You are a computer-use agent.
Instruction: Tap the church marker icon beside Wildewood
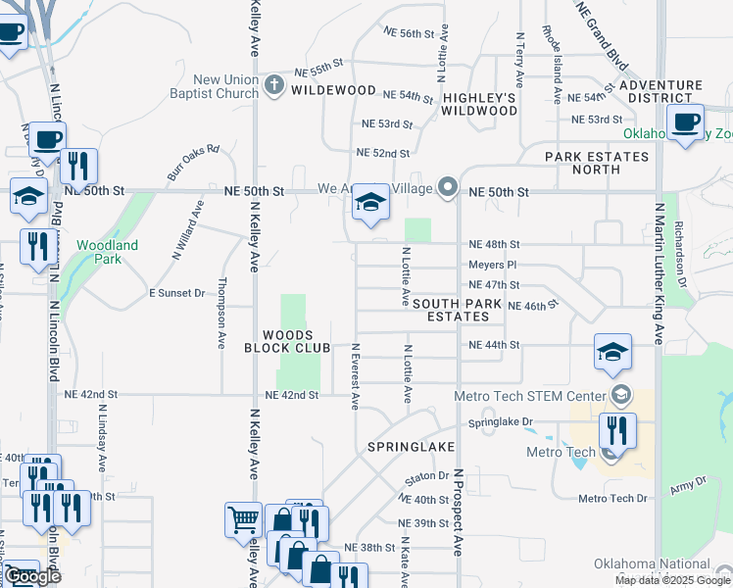tap(275, 86)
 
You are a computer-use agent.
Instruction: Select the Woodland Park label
tap(108, 252)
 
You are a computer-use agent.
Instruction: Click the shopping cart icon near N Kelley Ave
tap(242, 519)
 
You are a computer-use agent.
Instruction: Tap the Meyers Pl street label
tap(491, 265)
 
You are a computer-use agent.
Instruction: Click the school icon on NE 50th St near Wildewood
tap(370, 203)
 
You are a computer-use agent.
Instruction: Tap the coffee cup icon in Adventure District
tap(686, 122)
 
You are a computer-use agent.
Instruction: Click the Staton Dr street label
tap(426, 478)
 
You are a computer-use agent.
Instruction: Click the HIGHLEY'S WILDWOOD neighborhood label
tap(478, 104)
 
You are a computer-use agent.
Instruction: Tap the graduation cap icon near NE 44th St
tap(612, 353)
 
